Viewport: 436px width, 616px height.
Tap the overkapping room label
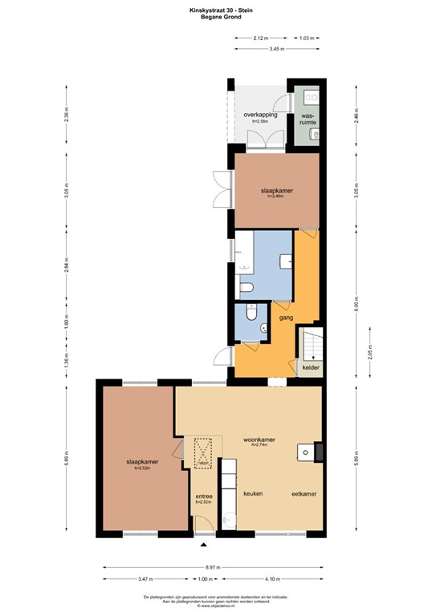[260, 115]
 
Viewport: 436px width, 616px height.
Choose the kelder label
[311, 368]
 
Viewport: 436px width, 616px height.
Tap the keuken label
[253, 493]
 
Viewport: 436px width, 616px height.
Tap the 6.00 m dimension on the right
[356, 306]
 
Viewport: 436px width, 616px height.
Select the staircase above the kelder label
[310, 346]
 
